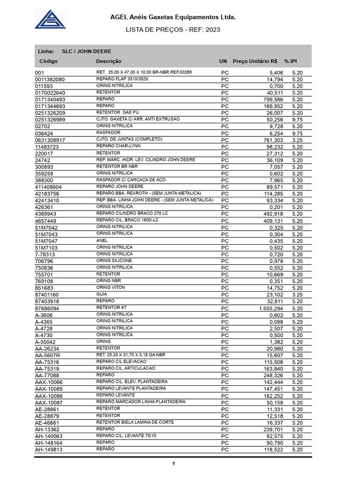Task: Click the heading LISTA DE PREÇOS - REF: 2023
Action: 173,30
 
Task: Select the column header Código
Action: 48,61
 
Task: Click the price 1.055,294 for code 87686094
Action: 271,308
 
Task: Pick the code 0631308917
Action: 50,140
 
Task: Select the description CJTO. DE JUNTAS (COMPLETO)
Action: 129,140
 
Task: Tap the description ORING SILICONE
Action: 114,261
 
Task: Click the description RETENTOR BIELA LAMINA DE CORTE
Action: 135,422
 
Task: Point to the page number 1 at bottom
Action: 173,464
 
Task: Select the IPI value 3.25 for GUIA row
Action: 297,295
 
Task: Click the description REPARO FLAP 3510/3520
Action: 121,79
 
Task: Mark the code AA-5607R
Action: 47,356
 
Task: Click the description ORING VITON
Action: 111,288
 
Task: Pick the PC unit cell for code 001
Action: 225,73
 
